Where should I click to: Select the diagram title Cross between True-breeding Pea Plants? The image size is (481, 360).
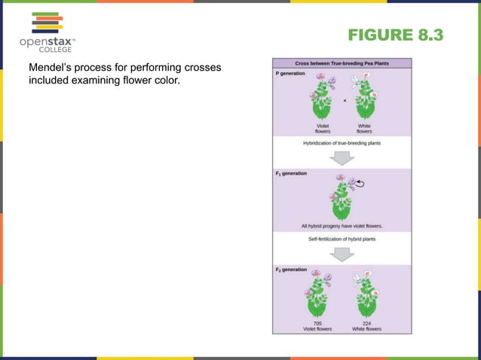click(342, 64)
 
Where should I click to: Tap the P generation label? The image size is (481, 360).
click(291, 73)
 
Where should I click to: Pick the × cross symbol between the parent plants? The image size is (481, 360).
click(345, 99)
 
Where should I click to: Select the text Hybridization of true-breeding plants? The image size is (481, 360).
click(342, 142)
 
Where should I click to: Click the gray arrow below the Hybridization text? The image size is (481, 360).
click(343, 157)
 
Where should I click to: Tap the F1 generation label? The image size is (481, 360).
click(291, 173)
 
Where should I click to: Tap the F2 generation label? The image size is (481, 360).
click(291, 269)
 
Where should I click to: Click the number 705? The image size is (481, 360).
click(320, 322)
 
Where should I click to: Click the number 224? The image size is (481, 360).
click(366, 322)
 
